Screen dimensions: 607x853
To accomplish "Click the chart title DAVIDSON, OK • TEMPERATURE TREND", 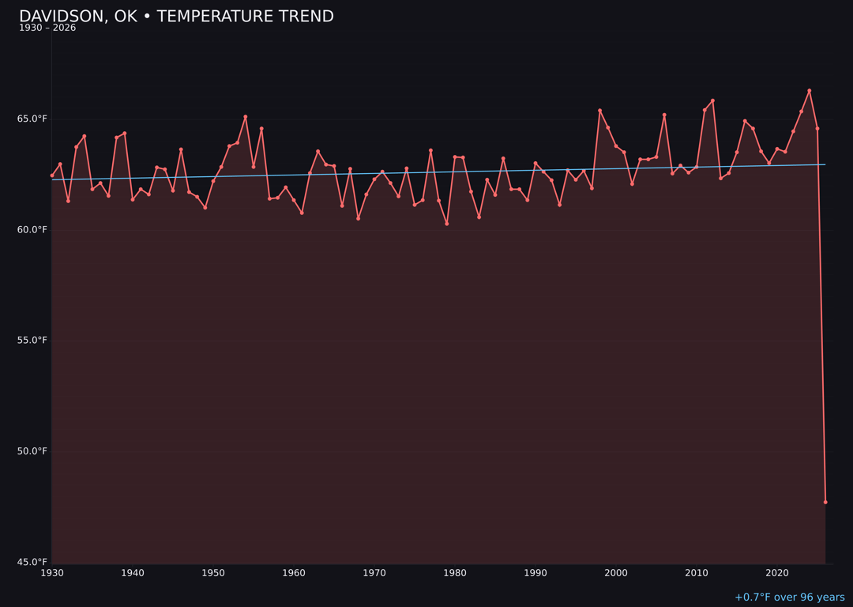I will [x=176, y=17].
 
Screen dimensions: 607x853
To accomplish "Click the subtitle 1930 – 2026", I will [x=47, y=28].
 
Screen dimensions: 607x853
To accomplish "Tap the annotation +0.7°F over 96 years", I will [x=789, y=598].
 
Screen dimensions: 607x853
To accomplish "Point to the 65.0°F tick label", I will [x=33, y=119].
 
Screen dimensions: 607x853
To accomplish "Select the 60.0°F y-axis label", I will [x=33, y=230].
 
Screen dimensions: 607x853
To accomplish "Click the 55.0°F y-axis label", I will [x=33, y=341].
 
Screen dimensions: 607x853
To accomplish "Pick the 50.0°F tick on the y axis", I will [x=33, y=451].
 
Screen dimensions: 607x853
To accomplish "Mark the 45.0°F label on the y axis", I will [x=33, y=562].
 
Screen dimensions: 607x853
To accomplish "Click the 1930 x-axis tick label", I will [x=52, y=573].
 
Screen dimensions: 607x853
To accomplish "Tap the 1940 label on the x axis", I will [x=133, y=573].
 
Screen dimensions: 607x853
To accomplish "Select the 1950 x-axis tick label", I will [x=213, y=573].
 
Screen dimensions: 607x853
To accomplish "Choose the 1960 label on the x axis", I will [x=294, y=573].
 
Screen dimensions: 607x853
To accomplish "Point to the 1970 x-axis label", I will [x=374, y=573].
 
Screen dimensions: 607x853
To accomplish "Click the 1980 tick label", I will [x=455, y=573].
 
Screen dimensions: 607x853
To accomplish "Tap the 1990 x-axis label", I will [x=535, y=573].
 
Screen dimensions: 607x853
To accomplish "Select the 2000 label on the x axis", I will [x=616, y=573].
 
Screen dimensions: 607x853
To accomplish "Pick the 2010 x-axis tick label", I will [x=697, y=573].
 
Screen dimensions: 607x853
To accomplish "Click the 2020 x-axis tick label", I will [x=777, y=573].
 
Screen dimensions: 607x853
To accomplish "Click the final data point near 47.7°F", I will [x=825, y=502].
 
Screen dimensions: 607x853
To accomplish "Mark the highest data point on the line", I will [x=809, y=91].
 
